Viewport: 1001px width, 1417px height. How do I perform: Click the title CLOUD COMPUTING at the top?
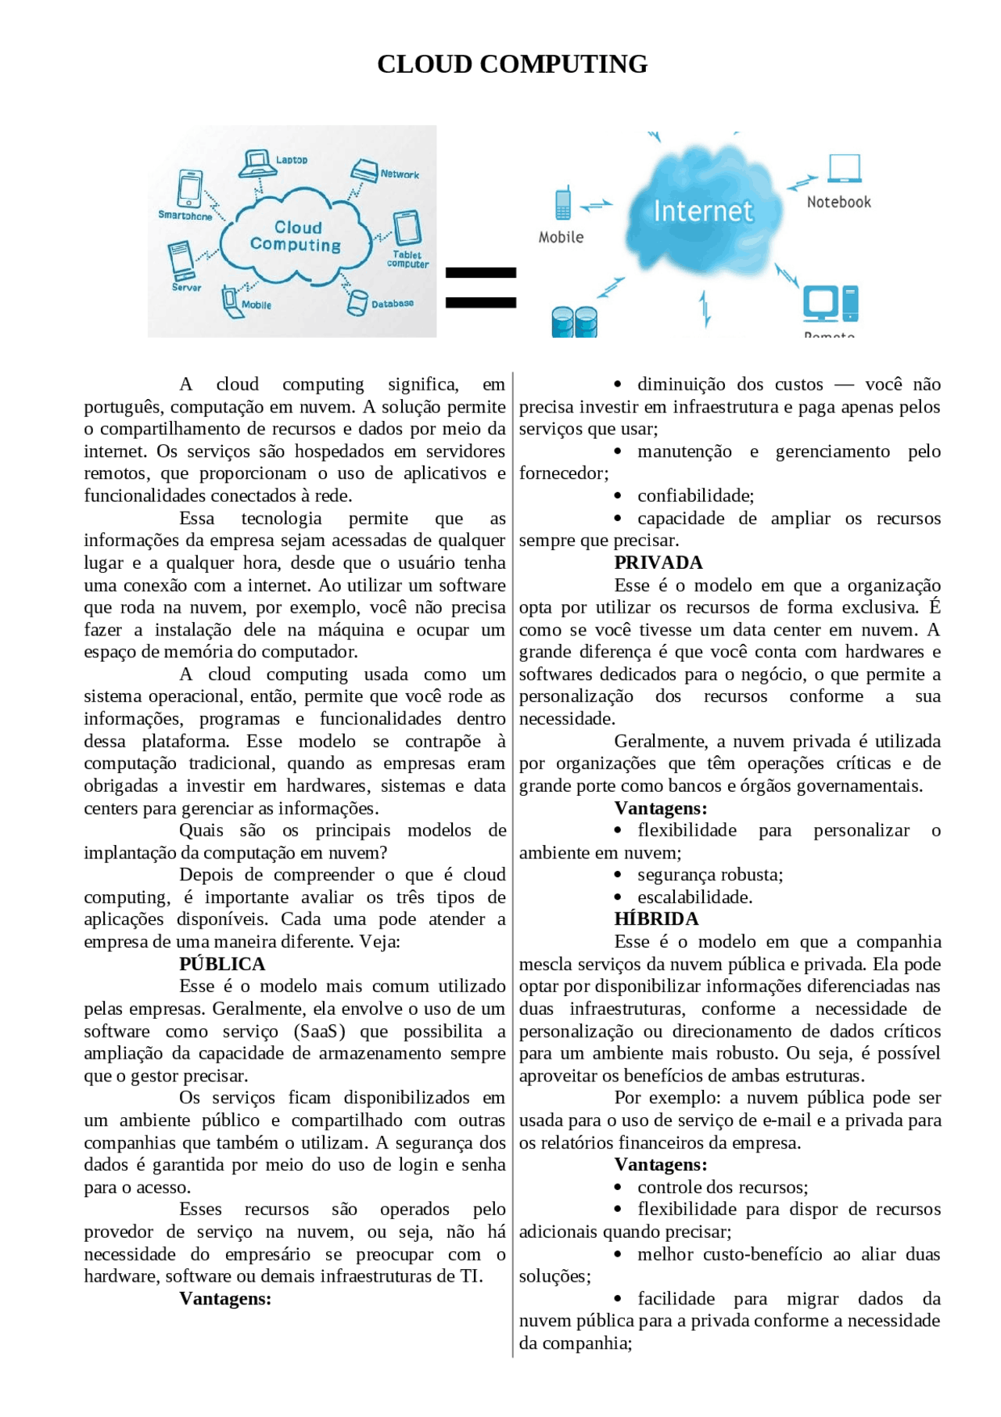click(x=512, y=64)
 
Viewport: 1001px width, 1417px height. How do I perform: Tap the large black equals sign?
click(x=480, y=287)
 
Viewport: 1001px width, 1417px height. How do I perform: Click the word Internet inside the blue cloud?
click(x=703, y=211)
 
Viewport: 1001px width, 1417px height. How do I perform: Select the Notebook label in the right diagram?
click(x=838, y=202)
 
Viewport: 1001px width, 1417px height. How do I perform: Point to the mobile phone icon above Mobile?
click(x=562, y=204)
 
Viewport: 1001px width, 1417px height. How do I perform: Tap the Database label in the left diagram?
click(x=392, y=304)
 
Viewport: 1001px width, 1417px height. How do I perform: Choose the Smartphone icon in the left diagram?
click(x=189, y=189)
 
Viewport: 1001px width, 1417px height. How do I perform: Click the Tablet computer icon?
click(x=407, y=228)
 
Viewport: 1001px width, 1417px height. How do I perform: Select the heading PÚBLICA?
click(x=222, y=964)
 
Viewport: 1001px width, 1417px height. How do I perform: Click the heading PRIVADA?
click(x=658, y=563)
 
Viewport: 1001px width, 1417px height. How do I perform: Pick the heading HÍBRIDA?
click(x=656, y=919)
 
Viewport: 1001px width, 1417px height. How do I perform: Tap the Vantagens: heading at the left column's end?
click(x=225, y=1298)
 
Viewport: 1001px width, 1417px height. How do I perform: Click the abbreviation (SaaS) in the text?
click(x=318, y=1031)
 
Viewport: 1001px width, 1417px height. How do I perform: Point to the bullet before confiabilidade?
click(x=618, y=496)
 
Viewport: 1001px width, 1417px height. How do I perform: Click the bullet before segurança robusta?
click(x=618, y=875)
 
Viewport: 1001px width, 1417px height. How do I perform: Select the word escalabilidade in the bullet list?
click(x=694, y=897)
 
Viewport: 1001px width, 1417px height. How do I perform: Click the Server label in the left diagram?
click(x=186, y=287)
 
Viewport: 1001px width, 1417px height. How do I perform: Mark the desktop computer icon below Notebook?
click(x=830, y=304)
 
